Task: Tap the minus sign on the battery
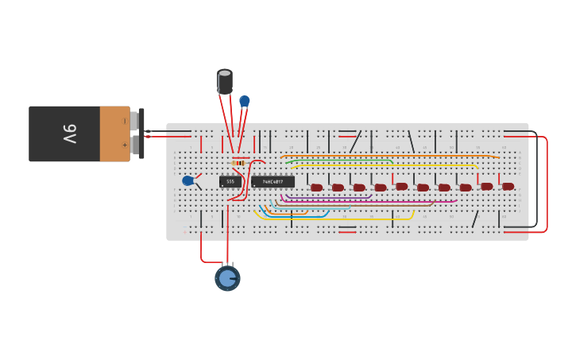point(124,121)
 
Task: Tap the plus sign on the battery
point(124,145)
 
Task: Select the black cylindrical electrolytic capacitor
point(225,81)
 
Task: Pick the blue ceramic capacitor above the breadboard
point(245,101)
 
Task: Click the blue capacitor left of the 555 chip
point(187,181)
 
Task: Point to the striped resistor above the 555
point(238,163)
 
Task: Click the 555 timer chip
point(230,182)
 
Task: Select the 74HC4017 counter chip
point(273,182)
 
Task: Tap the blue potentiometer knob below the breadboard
point(227,278)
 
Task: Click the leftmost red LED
point(316,188)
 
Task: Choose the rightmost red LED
point(508,186)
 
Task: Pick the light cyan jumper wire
point(310,207)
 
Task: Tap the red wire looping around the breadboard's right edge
point(547,183)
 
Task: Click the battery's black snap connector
point(141,134)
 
